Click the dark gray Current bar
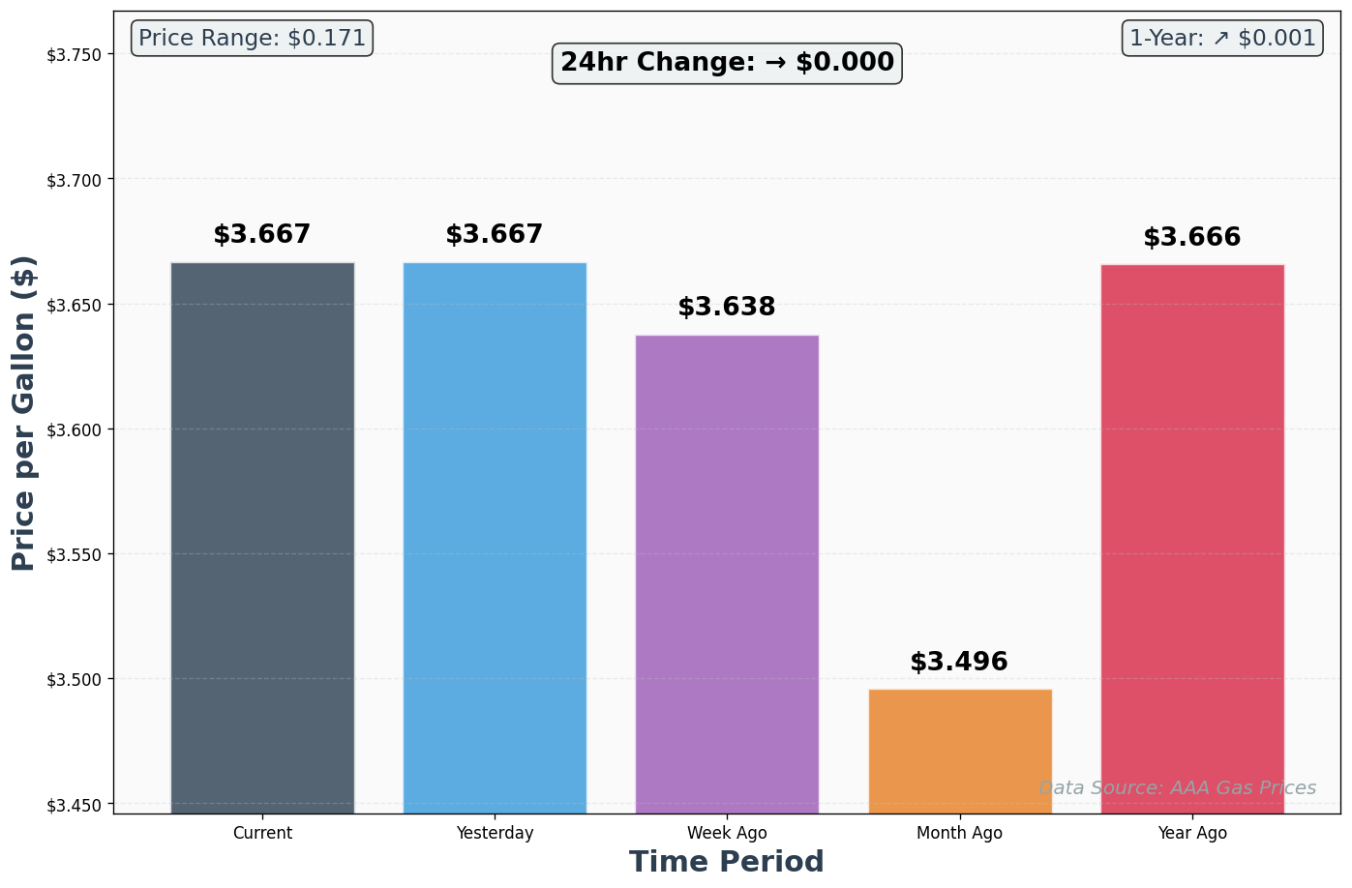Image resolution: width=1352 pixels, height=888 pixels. pyautogui.click(x=262, y=537)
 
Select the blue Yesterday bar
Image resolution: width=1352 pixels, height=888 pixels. pyautogui.click(x=495, y=537)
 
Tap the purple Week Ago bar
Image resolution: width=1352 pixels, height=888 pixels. pyautogui.click(x=727, y=574)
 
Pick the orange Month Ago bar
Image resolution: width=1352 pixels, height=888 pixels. pyautogui.click(x=960, y=751)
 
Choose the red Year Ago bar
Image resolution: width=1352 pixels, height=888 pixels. pyautogui.click(x=1192, y=538)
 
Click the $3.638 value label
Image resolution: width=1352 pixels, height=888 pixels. pyautogui.click(x=727, y=308)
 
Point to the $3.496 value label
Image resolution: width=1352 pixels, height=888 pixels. pyautogui.click(x=959, y=663)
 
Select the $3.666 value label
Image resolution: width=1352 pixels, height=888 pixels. pyautogui.click(x=1192, y=238)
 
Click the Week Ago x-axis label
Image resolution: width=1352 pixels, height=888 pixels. pyautogui.click(x=727, y=833)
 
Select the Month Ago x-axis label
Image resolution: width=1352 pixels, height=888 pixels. pyautogui.click(x=960, y=833)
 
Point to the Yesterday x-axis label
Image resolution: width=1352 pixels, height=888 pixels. pyautogui.click(x=495, y=833)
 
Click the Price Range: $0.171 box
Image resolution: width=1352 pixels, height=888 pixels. pyautogui.click(x=252, y=39)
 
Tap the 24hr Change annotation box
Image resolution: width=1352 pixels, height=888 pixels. pyautogui.click(x=727, y=63)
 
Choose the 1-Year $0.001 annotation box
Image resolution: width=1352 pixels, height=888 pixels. pyautogui.click(x=1222, y=39)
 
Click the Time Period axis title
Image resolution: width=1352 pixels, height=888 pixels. pyautogui.click(x=727, y=862)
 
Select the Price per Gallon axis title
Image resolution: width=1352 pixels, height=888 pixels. pyautogui.click(x=24, y=413)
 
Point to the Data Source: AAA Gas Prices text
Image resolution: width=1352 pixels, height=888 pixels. pyautogui.click(x=1177, y=788)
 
